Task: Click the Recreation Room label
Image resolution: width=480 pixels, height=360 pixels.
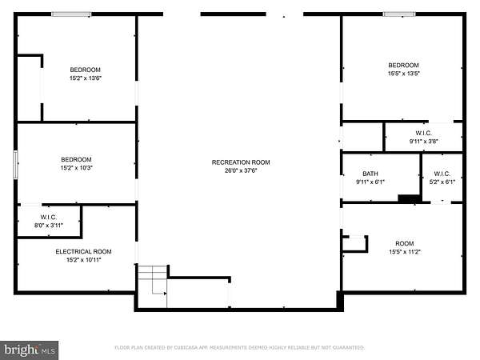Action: (x=241, y=162)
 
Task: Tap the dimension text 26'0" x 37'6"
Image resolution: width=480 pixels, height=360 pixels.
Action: (x=241, y=170)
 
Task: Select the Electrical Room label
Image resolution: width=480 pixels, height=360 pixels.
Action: (x=83, y=252)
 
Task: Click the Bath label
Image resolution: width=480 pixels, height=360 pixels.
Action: (x=370, y=174)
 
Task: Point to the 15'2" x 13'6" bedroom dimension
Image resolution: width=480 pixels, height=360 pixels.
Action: (x=86, y=78)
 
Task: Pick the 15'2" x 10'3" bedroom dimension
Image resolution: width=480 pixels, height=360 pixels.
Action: (x=77, y=168)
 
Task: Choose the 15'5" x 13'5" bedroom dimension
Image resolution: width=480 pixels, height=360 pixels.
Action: (x=403, y=74)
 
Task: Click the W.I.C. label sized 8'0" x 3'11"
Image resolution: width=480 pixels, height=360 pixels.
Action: (x=48, y=217)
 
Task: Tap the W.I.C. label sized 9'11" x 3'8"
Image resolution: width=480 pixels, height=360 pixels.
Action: (x=424, y=133)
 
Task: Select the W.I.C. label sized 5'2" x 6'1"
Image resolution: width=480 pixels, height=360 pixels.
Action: (x=442, y=174)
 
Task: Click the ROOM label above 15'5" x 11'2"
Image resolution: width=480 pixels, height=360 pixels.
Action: (x=405, y=243)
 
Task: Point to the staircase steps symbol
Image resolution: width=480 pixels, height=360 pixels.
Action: (x=153, y=280)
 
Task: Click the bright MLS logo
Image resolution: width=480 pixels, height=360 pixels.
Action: (x=29, y=350)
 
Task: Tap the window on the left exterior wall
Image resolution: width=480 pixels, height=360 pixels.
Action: (x=15, y=164)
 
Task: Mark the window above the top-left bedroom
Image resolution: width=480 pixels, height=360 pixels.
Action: (x=71, y=14)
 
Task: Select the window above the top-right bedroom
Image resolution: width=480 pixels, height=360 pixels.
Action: (x=399, y=14)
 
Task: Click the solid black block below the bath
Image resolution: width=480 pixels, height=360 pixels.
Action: (x=409, y=198)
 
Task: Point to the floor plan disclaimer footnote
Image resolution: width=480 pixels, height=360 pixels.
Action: (x=239, y=347)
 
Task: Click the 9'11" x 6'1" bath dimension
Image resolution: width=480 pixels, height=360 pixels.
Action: (x=370, y=182)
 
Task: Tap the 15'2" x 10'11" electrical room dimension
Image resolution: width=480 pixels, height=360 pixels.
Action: (x=83, y=260)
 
